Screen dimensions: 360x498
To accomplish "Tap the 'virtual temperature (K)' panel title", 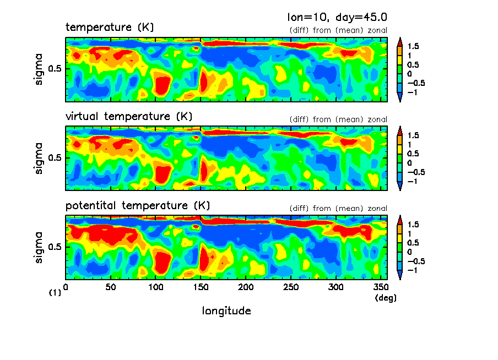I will click(129, 116).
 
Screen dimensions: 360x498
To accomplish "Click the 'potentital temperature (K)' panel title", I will click(138, 205).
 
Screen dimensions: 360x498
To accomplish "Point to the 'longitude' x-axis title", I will click(226, 311).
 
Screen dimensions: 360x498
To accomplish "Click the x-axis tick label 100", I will click(156, 287).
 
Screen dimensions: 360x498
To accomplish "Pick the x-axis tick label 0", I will click(66, 287).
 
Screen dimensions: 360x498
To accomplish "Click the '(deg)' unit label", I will click(385, 298).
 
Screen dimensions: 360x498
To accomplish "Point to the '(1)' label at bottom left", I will click(55, 293).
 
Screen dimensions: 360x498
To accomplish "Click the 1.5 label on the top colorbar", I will click(413, 46).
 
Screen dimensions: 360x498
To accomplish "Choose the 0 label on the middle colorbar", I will click(409, 163).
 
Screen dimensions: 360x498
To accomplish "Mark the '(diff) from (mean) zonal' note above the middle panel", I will click(338, 119).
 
